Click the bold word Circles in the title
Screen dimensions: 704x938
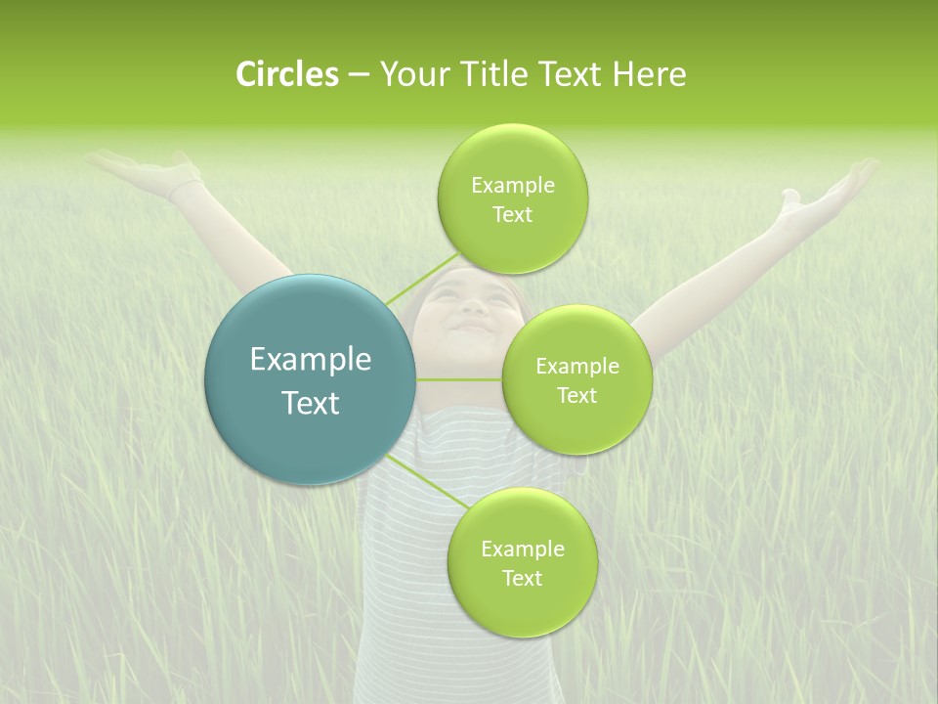286,74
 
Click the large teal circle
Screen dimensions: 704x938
310,379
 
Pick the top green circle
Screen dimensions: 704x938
512,199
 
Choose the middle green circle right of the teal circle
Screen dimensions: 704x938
576,380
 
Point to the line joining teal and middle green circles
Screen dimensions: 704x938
459,379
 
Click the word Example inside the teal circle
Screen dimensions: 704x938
310,360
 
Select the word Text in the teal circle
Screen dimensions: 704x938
310,403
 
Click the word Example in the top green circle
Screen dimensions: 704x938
512,186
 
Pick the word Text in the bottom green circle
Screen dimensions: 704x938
522,578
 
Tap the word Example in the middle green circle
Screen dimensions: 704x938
576,367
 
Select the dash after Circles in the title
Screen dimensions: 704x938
358,74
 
